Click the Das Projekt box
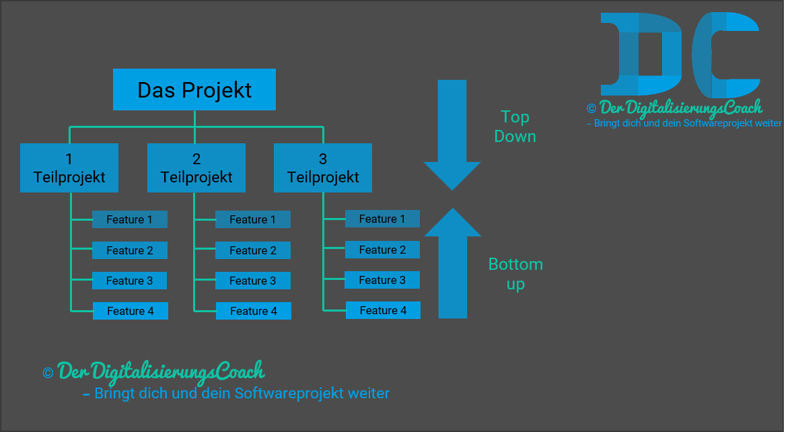coord(194,89)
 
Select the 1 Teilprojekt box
coord(69,168)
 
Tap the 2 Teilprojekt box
coord(196,168)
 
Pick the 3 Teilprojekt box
coord(323,168)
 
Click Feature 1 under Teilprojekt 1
coord(129,219)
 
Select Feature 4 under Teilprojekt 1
coord(130,311)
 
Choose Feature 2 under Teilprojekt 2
coord(253,250)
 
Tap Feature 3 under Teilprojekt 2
coord(253,281)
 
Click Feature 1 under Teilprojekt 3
coord(382,219)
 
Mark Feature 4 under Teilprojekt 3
coord(383,310)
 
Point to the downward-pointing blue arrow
coord(452,135)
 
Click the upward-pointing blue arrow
coord(453,262)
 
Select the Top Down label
coord(515,127)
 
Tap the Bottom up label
coord(515,274)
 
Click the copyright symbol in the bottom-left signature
coord(48,373)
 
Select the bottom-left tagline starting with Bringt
coord(235,393)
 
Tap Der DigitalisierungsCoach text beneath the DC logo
coord(680,108)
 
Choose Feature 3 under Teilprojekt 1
coord(129,281)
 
